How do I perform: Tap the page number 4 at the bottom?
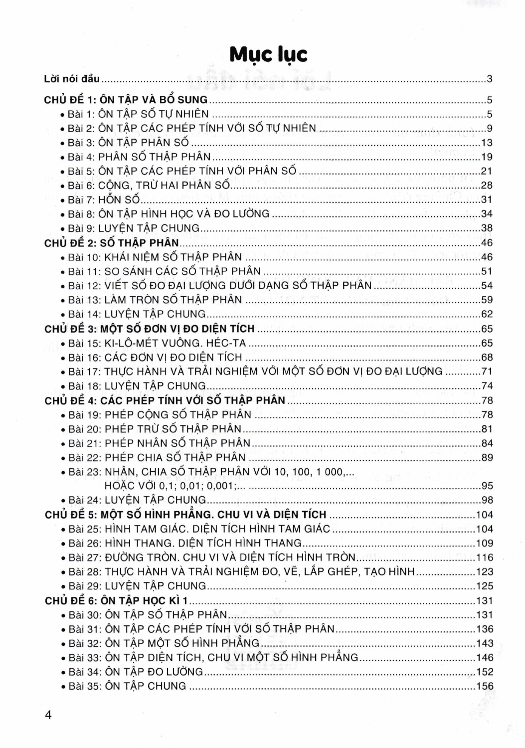tap(48, 715)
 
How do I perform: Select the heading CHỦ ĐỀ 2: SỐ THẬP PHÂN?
tap(111, 243)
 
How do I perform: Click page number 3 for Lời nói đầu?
tap(490, 79)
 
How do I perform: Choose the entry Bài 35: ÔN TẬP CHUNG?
tap(127, 686)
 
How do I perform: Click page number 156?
tap(485, 686)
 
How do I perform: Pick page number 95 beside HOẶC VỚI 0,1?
tap(487, 486)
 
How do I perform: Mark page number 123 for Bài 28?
tap(485, 572)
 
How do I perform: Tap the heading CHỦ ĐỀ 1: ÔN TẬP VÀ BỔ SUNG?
tap(126, 100)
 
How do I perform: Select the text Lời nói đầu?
tap(72, 79)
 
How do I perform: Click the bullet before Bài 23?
tap(63, 472)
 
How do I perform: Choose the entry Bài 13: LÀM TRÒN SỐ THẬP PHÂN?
tap(155, 300)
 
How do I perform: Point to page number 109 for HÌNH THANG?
tap(485, 543)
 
